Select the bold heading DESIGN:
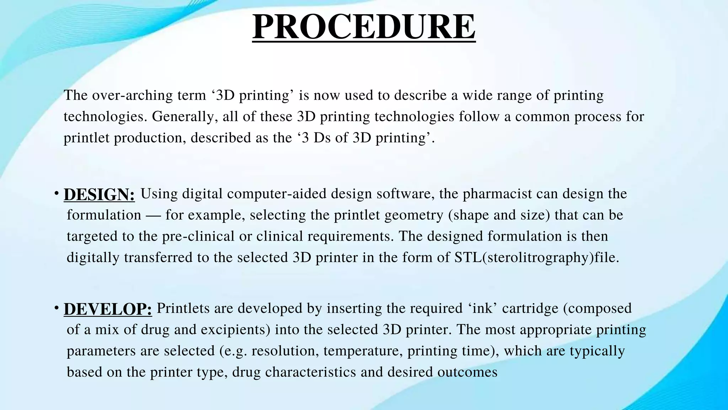coord(99,195)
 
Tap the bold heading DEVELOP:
coord(108,309)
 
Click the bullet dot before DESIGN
coord(57,193)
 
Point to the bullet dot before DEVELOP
coord(57,307)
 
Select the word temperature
coord(363,351)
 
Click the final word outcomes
coord(467,372)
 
